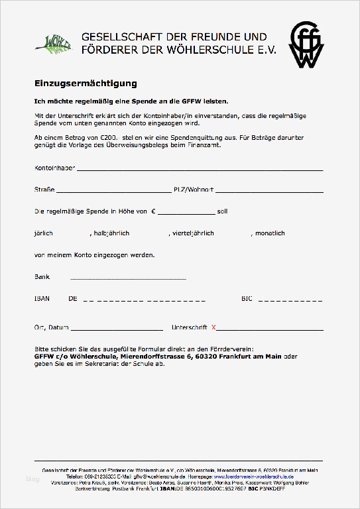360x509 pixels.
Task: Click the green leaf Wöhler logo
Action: tap(55, 43)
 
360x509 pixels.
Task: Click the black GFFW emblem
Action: tap(306, 45)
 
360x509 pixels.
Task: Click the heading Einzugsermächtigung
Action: tap(86, 84)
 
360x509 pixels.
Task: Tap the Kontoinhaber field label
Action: tap(54, 168)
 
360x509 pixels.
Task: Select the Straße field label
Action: tap(44, 190)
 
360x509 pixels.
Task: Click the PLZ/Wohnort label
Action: tap(194, 190)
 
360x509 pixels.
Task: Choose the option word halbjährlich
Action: tap(111, 233)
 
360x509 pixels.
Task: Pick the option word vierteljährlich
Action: tap(192, 233)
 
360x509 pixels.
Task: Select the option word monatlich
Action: tap(270, 233)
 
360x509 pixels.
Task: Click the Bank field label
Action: tap(41, 277)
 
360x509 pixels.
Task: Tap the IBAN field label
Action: tap(41, 299)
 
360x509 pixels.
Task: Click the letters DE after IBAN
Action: tap(73, 299)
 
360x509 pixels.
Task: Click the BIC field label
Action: tap(247, 299)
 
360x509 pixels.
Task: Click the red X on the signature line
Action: tap(213, 327)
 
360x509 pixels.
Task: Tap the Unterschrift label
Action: tap(190, 327)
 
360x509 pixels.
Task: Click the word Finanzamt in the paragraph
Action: tap(202, 143)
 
